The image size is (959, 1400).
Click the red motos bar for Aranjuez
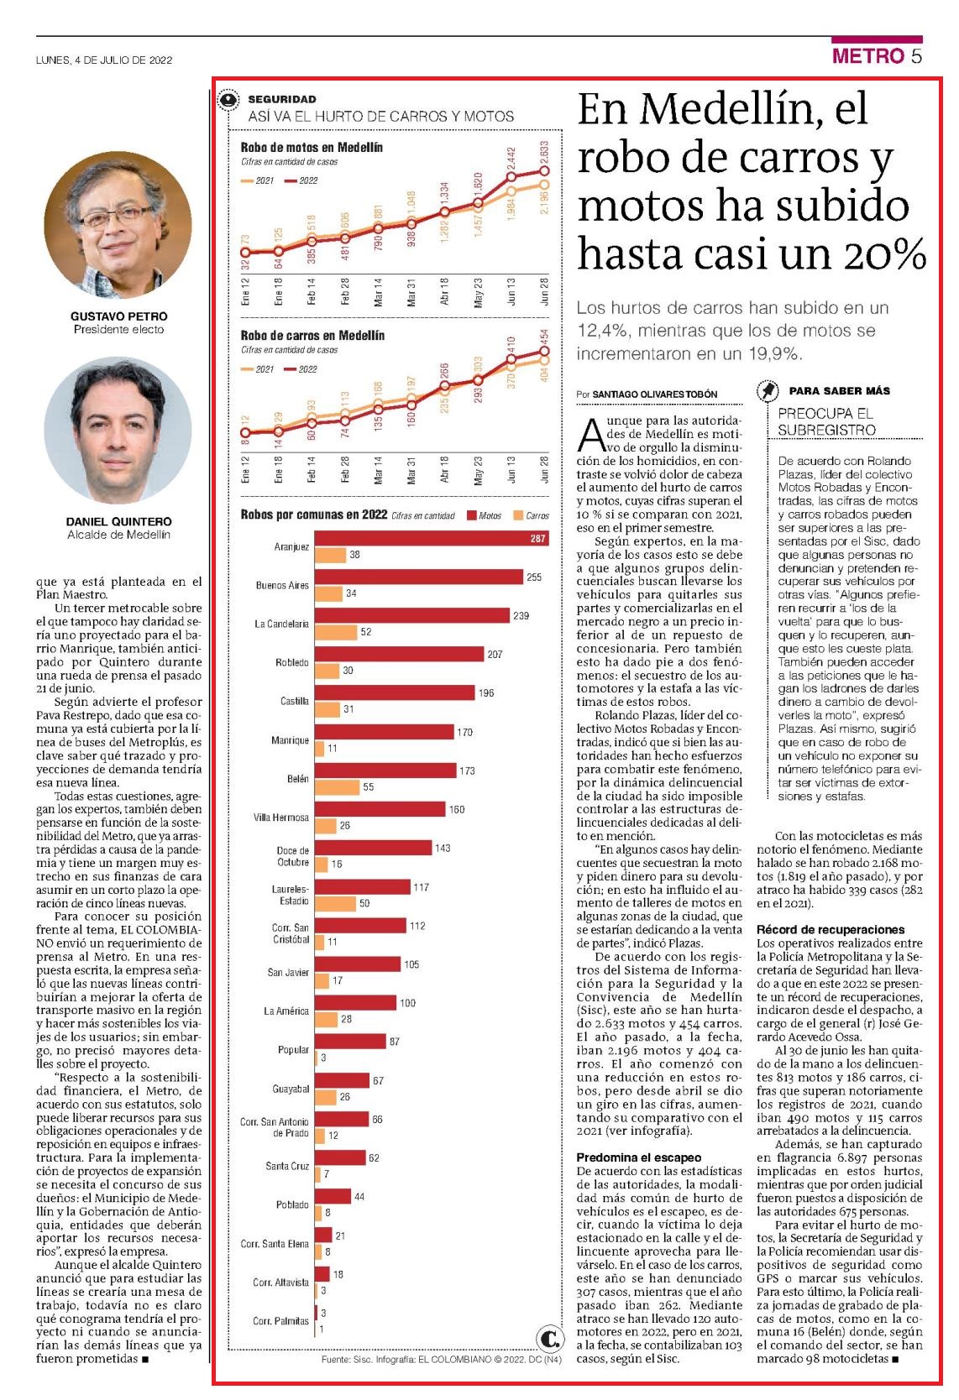[x=432, y=538]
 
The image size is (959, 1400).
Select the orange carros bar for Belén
[x=337, y=787]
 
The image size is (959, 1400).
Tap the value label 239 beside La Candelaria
[x=521, y=615]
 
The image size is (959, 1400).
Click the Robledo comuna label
[x=292, y=662]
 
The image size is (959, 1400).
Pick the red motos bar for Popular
[x=350, y=1042]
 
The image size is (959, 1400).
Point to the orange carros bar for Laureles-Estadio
[x=335, y=902]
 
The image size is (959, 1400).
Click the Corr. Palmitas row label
[x=280, y=1320]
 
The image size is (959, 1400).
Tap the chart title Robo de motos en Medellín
[x=312, y=148]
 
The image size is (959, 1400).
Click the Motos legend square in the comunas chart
[x=472, y=515]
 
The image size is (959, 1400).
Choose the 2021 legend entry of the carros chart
[x=258, y=368]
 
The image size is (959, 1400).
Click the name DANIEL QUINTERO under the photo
[x=118, y=521]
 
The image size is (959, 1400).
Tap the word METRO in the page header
[x=868, y=56]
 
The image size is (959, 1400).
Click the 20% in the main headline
[x=885, y=253]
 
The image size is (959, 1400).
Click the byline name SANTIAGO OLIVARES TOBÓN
[x=654, y=394]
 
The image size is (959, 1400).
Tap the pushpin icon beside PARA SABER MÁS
[x=768, y=390]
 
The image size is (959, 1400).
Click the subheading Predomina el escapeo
[x=639, y=1157]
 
